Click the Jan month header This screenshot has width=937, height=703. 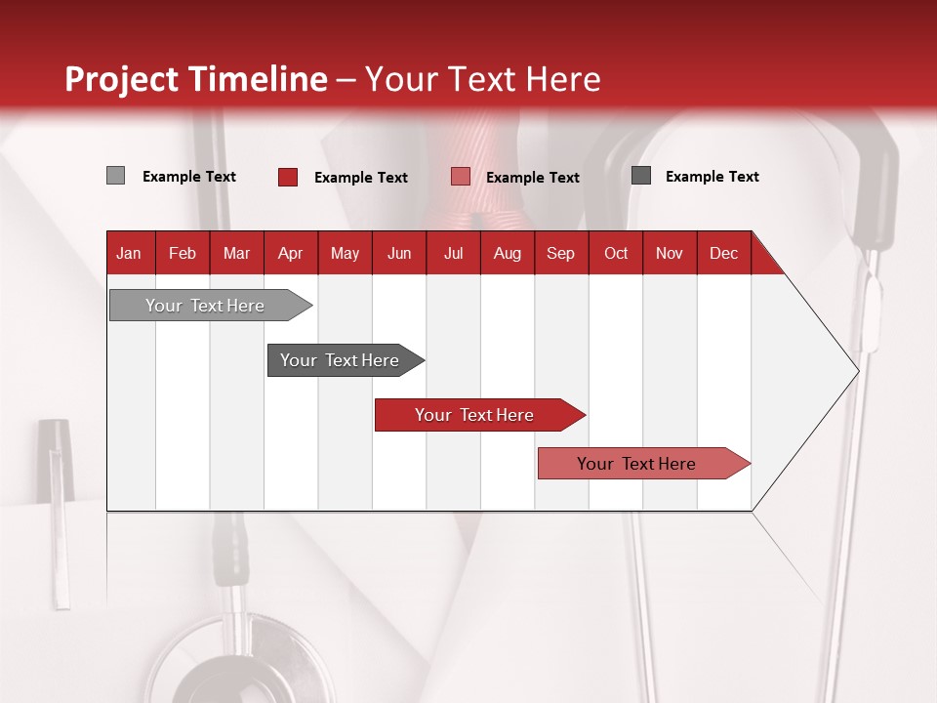click(x=129, y=253)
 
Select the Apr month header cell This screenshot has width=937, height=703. click(x=290, y=253)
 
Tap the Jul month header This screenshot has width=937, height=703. click(x=453, y=253)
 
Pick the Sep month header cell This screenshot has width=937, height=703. click(x=560, y=253)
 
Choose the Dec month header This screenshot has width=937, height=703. click(x=723, y=253)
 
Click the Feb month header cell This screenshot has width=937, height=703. click(x=183, y=253)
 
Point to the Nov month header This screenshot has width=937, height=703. click(x=669, y=253)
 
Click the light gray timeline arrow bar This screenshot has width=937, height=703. click(x=206, y=306)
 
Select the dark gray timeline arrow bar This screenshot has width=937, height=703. click(x=341, y=360)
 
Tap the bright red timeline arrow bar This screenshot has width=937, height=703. click(x=475, y=415)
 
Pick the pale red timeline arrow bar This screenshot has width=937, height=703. click(x=637, y=464)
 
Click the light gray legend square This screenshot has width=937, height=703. click(x=115, y=176)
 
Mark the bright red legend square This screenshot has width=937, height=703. click(x=287, y=177)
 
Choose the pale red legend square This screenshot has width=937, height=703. click(x=460, y=177)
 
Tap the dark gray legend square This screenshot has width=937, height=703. click(x=640, y=176)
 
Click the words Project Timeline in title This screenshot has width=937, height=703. click(x=196, y=79)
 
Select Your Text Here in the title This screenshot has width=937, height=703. click(x=482, y=79)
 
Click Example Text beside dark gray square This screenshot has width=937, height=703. click(x=712, y=177)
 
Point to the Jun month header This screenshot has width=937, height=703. click(x=398, y=253)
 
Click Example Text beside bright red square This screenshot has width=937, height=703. click(x=360, y=178)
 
